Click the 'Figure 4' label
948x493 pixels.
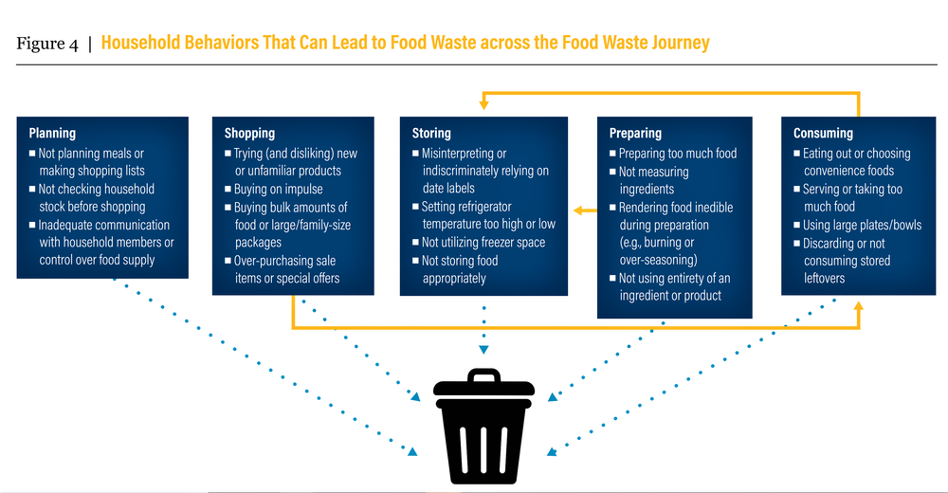click(x=47, y=44)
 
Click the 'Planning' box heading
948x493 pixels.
click(x=52, y=134)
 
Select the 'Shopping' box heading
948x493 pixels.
click(x=249, y=134)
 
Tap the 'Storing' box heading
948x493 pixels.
click(x=431, y=134)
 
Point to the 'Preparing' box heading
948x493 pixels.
click(x=635, y=134)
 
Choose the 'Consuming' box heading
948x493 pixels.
click(x=823, y=134)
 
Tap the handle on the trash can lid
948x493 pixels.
click(x=484, y=375)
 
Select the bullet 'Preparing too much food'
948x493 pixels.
click(x=677, y=154)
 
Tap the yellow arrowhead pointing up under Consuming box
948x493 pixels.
click(x=859, y=308)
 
